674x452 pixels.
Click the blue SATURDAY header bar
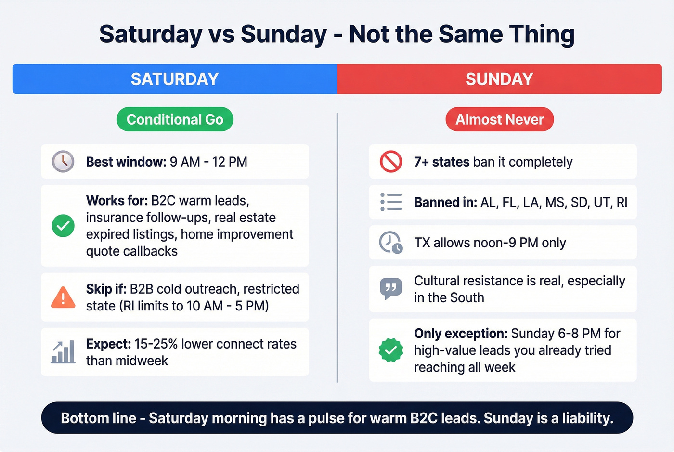click(x=175, y=79)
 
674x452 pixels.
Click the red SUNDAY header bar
click(x=499, y=79)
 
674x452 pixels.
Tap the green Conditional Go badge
click(x=175, y=119)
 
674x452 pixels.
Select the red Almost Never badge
click(x=499, y=119)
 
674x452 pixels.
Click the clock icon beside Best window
click(x=63, y=162)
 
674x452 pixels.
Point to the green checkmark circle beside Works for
click(x=63, y=226)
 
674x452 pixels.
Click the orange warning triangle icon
click(x=63, y=297)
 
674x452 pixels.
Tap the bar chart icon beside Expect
click(x=63, y=352)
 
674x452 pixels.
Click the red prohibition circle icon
click(x=391, y=162)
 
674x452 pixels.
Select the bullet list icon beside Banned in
click(x=391, y=202)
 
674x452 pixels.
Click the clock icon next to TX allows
click(x=391, y=243)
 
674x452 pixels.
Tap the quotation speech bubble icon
click(x=391, y=289)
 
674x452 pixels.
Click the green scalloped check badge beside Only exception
click(x=391, y=350)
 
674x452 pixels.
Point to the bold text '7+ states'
click(x=441, y=162)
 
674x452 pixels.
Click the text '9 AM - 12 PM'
click(x=208, y=162)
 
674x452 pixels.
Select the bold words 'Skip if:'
click(x=106, y=289)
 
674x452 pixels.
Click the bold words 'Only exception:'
click(x=460, y=334)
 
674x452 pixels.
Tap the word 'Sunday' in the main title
click(x=284, y=35)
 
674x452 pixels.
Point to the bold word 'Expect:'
click(x=108, y=344)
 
